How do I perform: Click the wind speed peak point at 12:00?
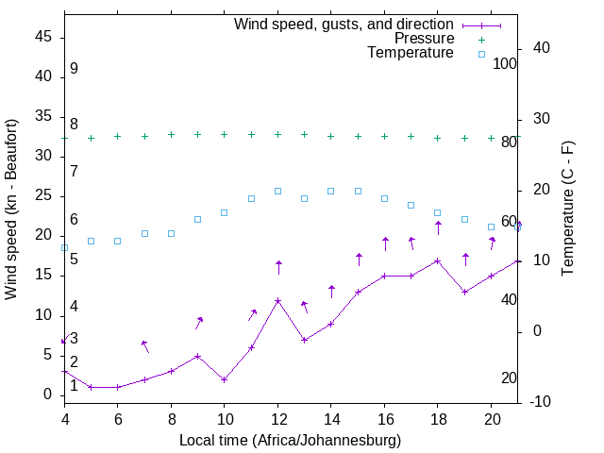click(277, 300)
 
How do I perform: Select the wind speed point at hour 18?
click(438, 260)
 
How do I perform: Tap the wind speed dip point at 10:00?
click(225, 379)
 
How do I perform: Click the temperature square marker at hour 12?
click(277, 191)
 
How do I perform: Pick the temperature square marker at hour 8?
click(171, 233)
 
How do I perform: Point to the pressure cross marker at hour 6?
click(117, 136)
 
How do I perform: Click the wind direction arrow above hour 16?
click(385, 243)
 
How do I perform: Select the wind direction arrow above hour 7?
click(144, 346)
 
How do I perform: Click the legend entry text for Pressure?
click(424, 39)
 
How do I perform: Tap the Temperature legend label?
click(411, 53)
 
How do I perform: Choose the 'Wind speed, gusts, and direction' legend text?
click(344, 24)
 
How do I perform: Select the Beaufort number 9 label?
click(74, 69)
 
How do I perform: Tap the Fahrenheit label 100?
click(506, 63)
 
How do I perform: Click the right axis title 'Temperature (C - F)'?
click(567, 210)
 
